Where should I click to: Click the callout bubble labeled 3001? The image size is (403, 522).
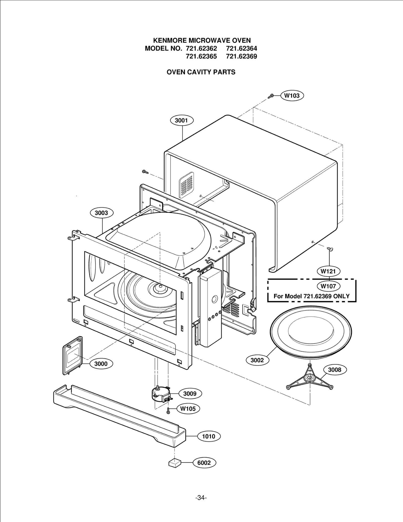coord(181,120)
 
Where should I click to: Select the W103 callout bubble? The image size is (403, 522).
coord(292,96)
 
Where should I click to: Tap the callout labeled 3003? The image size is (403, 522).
coord(101,213)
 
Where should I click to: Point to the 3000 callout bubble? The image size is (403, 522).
coord(101,364)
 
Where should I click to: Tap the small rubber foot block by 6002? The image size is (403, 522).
coord(175,463)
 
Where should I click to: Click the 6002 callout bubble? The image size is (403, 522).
coord(204,463)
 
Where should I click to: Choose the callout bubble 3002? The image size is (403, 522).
coord(257,360)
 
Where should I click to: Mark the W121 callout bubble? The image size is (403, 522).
coord(328,271)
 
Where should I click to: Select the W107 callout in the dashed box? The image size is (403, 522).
coord(328,286)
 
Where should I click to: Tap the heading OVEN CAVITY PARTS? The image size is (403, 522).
coord(201,72)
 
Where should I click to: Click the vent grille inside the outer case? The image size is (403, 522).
coord(186,185)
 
